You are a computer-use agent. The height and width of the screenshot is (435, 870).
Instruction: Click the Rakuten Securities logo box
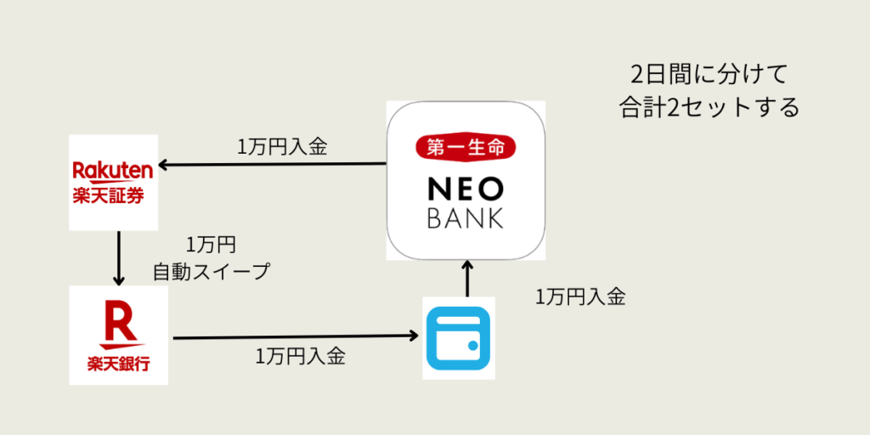pyautogui.click(x=114, y=182)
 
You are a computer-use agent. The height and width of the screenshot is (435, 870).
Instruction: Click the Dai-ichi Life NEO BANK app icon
pyautogui.click(x=465, y=180)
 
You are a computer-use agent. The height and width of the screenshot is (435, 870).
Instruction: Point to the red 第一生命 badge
pyautogui.click(x=465, y=147)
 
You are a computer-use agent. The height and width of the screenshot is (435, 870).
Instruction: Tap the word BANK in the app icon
pyautogui.click(x=465, y=217)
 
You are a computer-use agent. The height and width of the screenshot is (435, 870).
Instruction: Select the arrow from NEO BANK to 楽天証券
pyautogui.click(x=272, y=163)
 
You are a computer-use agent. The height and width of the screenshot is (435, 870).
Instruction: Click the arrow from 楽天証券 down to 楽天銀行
pyautogui.click(x=119, y=258)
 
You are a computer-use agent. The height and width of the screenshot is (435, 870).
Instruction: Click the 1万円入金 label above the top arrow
pyautogui.click(x=282, y=146)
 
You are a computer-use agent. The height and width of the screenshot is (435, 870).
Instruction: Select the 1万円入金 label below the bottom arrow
pyautogui.click(x=300, y=357)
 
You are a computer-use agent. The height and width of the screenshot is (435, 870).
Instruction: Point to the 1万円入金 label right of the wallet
pyautogui.click(x=580, y=297)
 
